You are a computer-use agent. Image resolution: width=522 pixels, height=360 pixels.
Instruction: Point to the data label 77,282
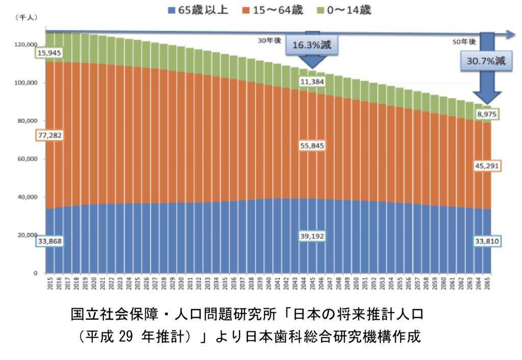coord(49,136)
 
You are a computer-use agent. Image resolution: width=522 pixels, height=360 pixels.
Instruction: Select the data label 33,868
coord(49,242)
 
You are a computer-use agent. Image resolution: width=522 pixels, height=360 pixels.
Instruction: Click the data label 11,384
coord(312,82)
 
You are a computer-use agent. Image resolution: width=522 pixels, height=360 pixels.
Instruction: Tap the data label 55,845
coord(312,146)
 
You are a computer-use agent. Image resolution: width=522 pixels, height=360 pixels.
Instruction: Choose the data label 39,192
coord(312,236)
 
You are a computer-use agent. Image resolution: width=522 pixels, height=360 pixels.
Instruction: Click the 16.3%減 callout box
coord(312,45)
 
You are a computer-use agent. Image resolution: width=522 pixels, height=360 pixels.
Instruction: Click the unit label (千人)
coord(24,18)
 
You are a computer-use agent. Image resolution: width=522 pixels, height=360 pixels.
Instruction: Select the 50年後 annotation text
coord(464,41)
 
